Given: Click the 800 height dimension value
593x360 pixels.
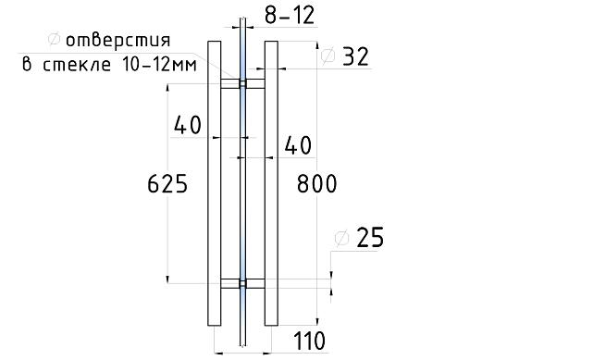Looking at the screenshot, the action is [x=316, y=184].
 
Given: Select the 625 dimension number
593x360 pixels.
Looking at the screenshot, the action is [x=167, y=184].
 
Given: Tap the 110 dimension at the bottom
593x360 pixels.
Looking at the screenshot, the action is [x=309, y=341].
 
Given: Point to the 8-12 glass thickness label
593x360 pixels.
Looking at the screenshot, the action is [x=290, y=16].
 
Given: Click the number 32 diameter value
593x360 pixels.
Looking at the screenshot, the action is [x=355, y=56].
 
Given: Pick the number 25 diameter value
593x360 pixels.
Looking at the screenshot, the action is [x=370, y=238].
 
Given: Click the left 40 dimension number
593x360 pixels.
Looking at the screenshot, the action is [x=188, y=125].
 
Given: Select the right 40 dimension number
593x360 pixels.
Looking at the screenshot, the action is [x=298, y=145].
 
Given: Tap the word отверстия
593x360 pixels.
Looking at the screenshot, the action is [x=118, y=40].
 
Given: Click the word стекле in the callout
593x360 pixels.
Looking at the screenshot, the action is [x=77, y=65].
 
